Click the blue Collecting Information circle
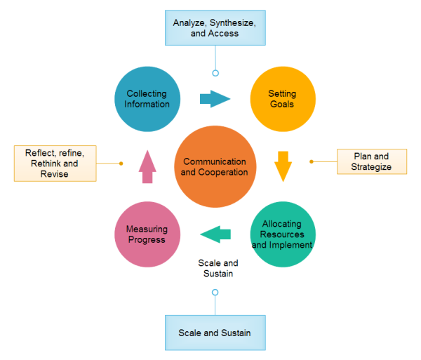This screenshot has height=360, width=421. pyautogui.click(x=147, y=99)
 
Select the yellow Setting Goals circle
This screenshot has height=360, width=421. pyautogui.click(x=282, y=99)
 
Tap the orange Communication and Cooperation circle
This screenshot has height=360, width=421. pyautogui.click(x=215, y=167)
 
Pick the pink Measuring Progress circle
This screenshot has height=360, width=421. pyautogui.click(x=147, y=234)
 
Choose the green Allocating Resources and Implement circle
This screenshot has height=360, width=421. pyautogui.click(x=282, y=234)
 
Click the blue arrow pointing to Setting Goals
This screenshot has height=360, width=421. pyautogui.click(x=215, y=99)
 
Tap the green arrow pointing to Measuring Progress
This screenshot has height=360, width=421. pyautogui.click(x=216, y=234)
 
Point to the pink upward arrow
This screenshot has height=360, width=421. pyautogui.click(x=147, y=166)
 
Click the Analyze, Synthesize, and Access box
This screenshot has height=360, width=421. pyautogui.click(x=215, y=28)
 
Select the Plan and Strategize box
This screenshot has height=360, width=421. pyautogui.click(x=371, y=161)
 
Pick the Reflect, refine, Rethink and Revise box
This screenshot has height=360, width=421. pyautogui.click(x=55, y=163)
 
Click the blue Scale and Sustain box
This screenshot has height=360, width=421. pyautogui.click(x=215, y=333)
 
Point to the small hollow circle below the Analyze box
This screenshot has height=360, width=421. pyautogui.click(x=215, y=73)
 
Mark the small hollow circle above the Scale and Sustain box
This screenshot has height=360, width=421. pyautogui.click(x=215, y=292)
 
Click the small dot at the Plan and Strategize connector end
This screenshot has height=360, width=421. pyautogui.click(x=312, y=161)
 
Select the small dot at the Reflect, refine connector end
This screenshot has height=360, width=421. pyautogui.click(x=121, y=164)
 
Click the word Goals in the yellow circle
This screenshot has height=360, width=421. pyautogui.click(x=282, y=104)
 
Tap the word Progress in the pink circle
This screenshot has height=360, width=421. pyautogui.click(x=147, y=240)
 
